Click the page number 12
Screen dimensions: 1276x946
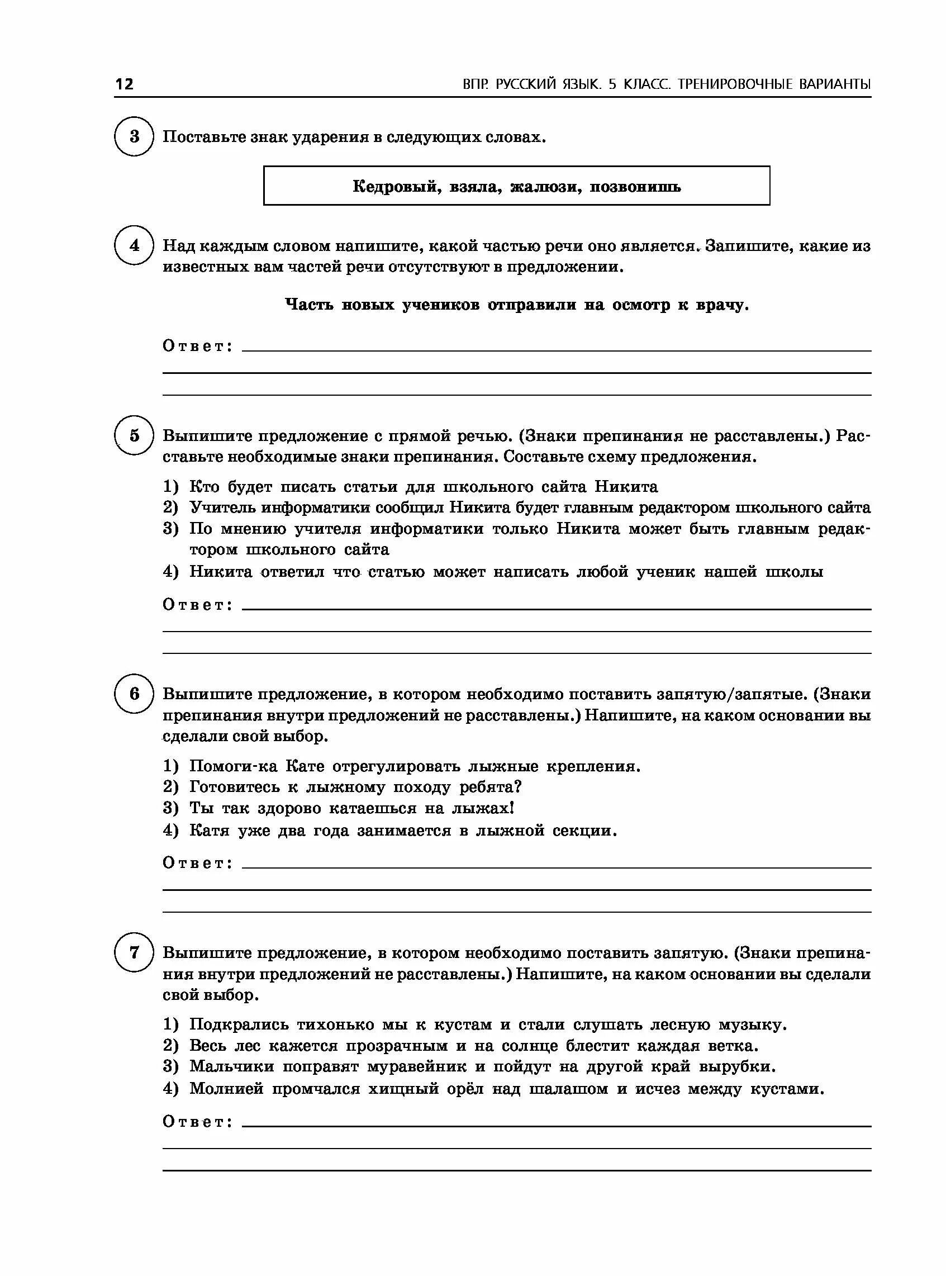click(x=124, y=84)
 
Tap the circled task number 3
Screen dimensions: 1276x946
click(x=134, y=136)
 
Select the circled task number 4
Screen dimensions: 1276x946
click(x=134, y=245)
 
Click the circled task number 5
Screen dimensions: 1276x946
click(x=134, y=435)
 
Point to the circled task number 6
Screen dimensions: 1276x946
click(x=134, y=694)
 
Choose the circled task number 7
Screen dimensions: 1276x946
click(x=134, y=952)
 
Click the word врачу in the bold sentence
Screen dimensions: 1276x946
click(x=722, y=305)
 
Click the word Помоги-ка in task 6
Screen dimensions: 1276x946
click(x=233, y=766)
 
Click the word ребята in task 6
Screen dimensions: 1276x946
click(x=490, y=787)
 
